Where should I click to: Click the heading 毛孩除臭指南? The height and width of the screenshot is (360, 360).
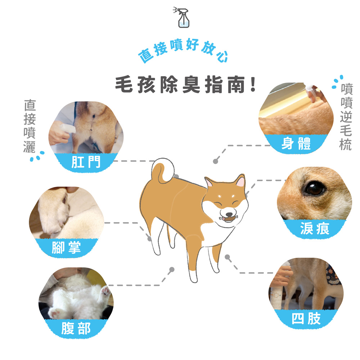[185, 85]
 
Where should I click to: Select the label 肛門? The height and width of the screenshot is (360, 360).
[86, 162]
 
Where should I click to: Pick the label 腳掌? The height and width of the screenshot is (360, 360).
[66, 247]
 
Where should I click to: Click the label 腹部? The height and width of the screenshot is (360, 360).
[76, 328]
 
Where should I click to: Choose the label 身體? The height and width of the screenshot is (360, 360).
[296, 143]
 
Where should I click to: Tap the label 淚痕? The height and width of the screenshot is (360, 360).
[315, 229]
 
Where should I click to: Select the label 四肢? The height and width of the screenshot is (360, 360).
[306, 319]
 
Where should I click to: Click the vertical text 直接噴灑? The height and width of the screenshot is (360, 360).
[30, 126]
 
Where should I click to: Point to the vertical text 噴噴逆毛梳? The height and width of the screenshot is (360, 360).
[346, 117]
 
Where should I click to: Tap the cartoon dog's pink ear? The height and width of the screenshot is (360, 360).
[240, 181]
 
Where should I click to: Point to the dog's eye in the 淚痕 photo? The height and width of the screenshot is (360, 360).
[314, 188]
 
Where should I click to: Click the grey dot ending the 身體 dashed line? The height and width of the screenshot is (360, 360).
[215, 161]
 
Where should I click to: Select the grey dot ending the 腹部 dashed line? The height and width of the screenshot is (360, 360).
[172, 269]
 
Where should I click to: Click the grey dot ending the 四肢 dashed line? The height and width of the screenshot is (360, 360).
[227, 257]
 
